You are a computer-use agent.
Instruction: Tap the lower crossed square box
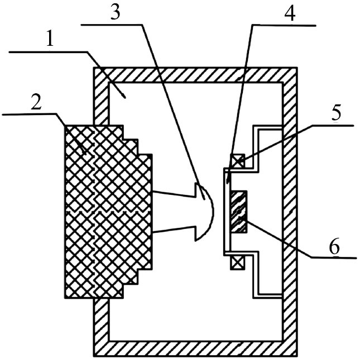[x=237, y=261]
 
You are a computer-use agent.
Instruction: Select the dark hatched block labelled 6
[x=238, y=211]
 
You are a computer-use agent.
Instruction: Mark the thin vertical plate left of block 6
[x=225, y=211]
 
